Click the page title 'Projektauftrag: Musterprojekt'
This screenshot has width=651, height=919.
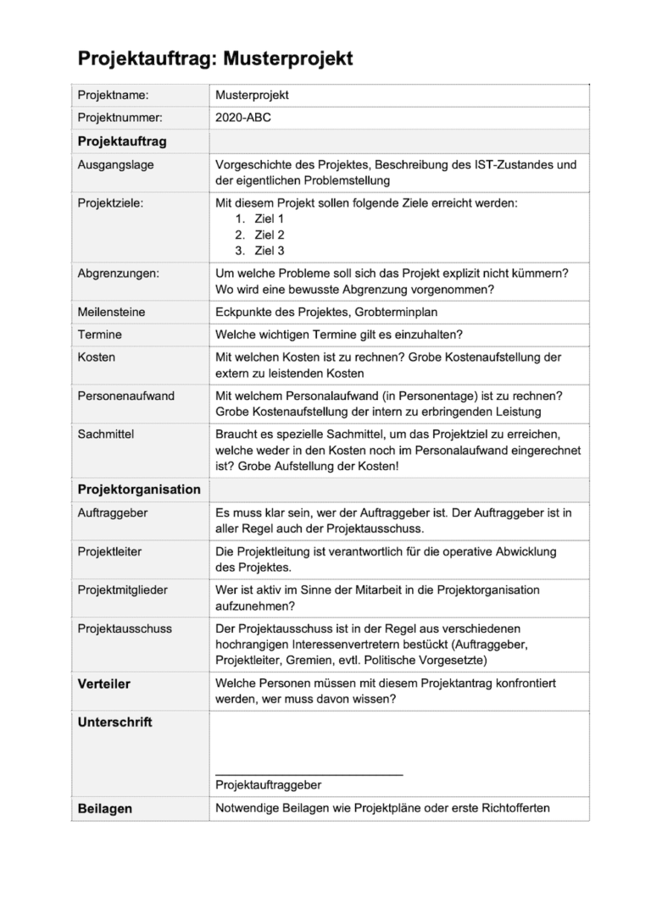coord(215,58)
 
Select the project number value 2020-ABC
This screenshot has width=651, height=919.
coord(243,119)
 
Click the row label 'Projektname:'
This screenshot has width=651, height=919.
coord(113,96)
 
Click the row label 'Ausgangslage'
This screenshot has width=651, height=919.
coord(115,164)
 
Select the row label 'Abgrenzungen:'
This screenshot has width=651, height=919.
coord(118,274)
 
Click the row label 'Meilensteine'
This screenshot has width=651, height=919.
coord(113,313)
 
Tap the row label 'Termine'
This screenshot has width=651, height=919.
coord(100,335)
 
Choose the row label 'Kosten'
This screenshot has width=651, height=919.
coord(97,357)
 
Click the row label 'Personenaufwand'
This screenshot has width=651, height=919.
coord(125,396)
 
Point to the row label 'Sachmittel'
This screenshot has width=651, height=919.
coord(106,435)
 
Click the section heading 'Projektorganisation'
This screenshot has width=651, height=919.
coord(139,490)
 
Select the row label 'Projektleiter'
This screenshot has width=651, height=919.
coord(109,551)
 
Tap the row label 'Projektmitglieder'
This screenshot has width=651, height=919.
coord(123,590)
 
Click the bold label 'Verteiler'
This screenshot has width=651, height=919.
coord(104,684)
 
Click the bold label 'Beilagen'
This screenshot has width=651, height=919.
coord(105,809)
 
